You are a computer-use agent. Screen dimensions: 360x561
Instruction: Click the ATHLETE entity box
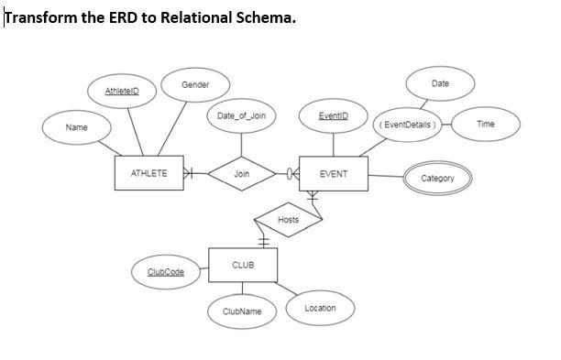(x=150, y=173)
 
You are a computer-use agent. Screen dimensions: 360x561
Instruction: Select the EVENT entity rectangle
(x=334, y=173)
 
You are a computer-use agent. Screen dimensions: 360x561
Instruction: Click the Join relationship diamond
(x=242, y=173)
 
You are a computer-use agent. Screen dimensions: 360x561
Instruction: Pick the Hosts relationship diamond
(x=288, y=220)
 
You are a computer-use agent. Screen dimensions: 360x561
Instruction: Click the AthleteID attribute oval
(x=122, y=92)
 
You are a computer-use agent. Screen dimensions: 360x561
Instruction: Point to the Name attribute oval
(x=76, y=128)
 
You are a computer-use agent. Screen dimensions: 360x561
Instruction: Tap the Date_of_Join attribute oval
(x=242, y=116)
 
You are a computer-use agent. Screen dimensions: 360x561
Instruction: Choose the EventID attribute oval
(x=332, y=117)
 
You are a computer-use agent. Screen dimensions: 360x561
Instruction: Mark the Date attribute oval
(x=440, y=83)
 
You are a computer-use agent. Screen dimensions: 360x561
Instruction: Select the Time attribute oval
(x=486, y=123)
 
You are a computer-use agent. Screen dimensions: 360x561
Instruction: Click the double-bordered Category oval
(x=437, y=178)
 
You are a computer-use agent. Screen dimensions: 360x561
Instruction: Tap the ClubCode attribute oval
(x=167, y=272)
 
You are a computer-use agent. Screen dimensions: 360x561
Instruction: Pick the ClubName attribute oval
(x=242, y=311)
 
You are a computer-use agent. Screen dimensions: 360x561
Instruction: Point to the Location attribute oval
(x=320, y=308)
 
